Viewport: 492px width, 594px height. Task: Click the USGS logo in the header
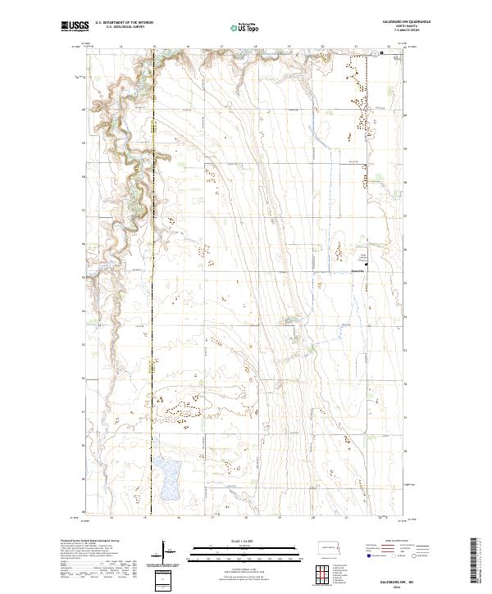[x=75, y=27]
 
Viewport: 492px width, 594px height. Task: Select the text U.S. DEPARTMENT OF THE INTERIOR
[x=124, y=23]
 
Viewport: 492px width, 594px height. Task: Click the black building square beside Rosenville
[x=366, y=265]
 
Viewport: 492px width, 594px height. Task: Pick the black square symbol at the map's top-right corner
[x=382, y=53]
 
